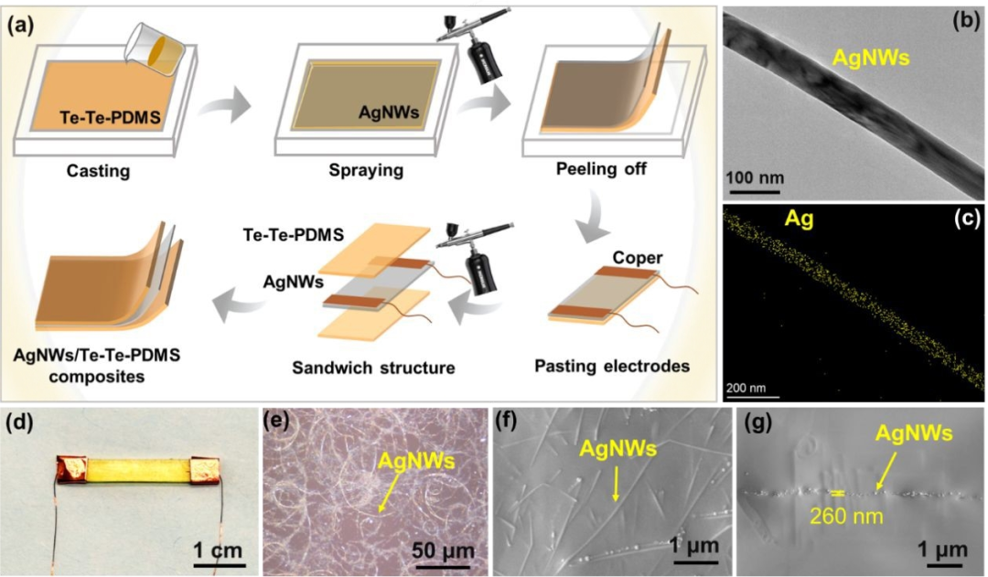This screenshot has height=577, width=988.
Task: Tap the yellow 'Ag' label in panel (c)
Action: pos(800,220)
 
